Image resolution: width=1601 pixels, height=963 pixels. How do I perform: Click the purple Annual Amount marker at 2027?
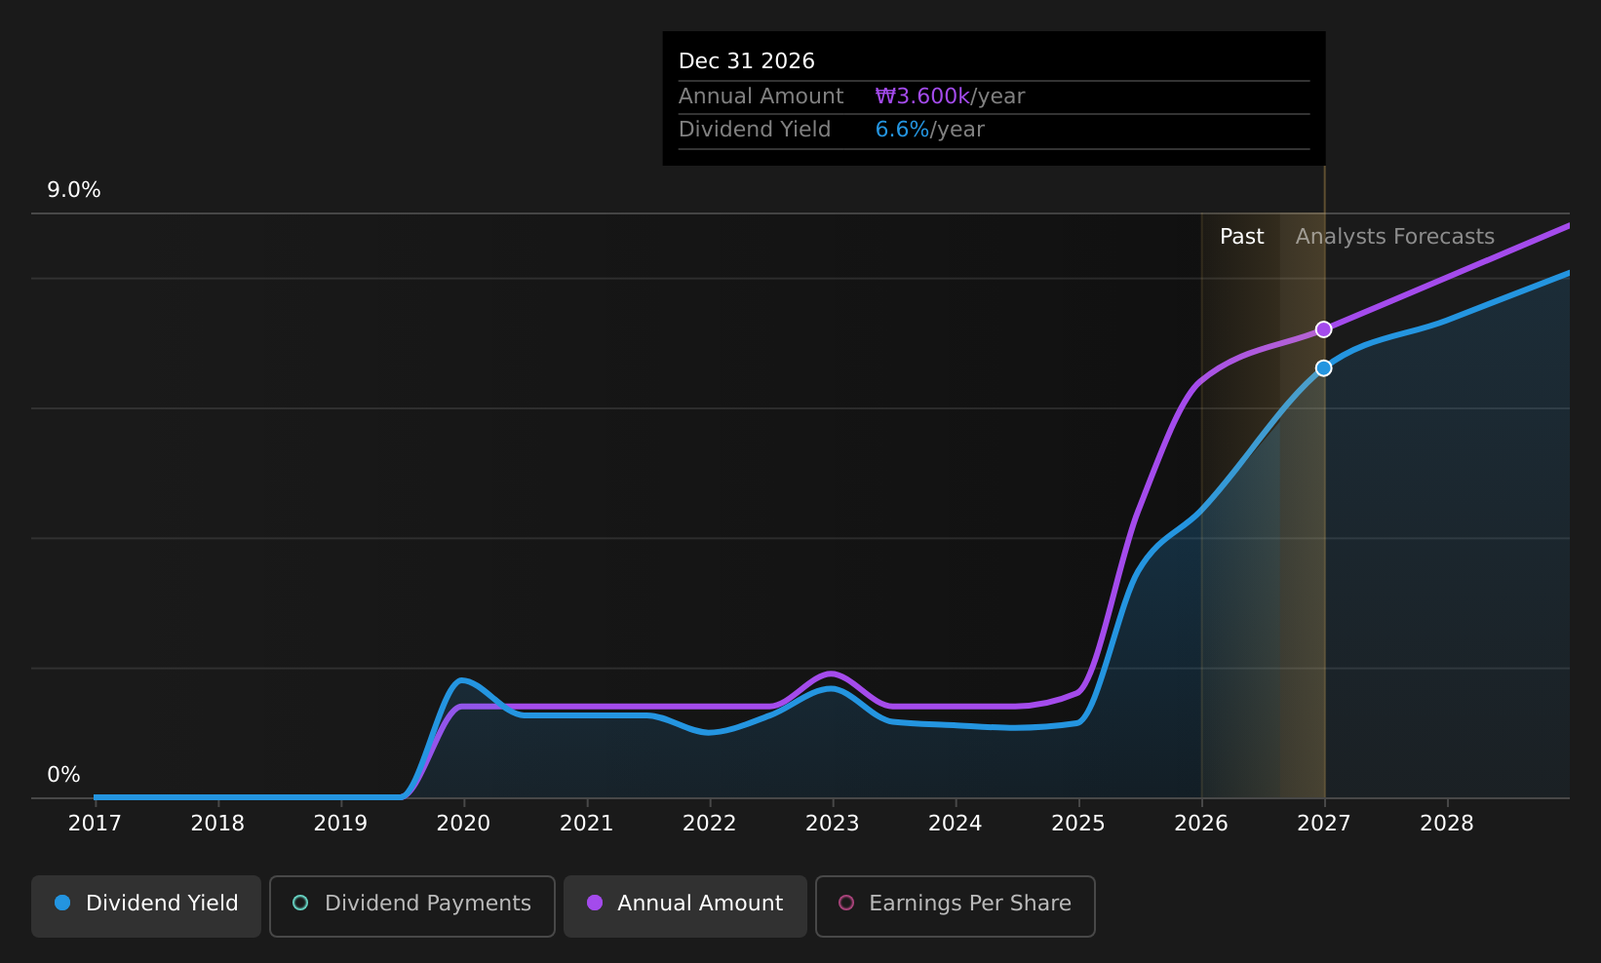click(1324, 329)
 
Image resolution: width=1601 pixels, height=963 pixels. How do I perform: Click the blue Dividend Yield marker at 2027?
click(1324, 367)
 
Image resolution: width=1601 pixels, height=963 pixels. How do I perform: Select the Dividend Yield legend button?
click(146, 905)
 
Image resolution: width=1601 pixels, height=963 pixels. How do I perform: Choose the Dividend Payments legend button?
click(412, 905)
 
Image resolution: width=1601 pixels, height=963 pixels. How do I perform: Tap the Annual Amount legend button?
click(685, 905)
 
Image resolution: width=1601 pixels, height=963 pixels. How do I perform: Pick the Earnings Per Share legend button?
click(956, 905)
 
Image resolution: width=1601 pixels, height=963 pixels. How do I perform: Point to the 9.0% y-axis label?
click(74, 190)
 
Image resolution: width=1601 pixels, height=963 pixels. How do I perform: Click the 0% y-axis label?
click(63, 775)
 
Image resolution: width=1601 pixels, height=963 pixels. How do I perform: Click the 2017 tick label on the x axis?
click(95, 824)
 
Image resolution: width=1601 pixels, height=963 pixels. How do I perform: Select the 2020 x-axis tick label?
click(464, 824)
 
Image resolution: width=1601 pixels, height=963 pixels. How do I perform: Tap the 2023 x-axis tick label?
click(833, 824)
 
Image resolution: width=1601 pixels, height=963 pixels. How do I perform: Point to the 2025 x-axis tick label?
click(1078, 824)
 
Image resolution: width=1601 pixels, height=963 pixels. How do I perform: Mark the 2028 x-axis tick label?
click(1447, 824)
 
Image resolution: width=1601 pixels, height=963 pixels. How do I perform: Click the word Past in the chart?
click(1242, 237)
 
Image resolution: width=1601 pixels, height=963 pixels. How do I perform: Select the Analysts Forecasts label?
click(1395, 237)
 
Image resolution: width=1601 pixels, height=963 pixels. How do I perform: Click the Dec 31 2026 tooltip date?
click(747, 61)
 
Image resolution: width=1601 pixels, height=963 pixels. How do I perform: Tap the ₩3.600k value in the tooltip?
click(922, 96)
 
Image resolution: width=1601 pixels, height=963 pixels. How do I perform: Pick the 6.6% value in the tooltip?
click(903, 130)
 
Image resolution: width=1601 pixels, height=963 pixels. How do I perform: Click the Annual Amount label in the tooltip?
click(761, 96)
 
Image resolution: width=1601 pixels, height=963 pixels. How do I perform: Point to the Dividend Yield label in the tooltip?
click(755, 130)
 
